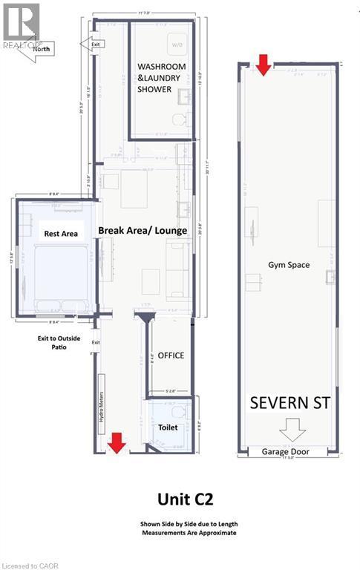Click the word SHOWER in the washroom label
pyautogui.click(x=154, y=89)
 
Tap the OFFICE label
pyautogui.click(x=171, y=356)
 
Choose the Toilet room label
pyautogui.click(x=168, y=427)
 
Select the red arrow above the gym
pyautogui.click(x=263, y=65)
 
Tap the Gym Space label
pyautogui.click(x=289, y=265)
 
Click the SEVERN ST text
pyautogui.click(x=289, y=404)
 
